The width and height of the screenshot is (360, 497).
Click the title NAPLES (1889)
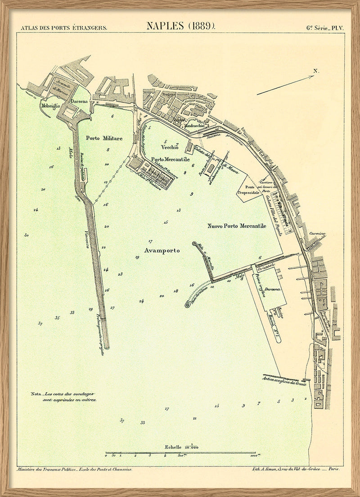(x=180, y=26)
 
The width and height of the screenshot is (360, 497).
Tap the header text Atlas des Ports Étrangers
(x=64, y=27)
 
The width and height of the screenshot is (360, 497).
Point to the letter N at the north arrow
(x=316, y=71)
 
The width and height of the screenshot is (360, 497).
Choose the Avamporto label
(x=162, y=250)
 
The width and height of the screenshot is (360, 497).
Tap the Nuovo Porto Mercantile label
(x=237, y=226)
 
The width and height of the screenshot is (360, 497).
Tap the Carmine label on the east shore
(x=317, y=234)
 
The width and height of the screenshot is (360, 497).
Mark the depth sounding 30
(x=27, y=235)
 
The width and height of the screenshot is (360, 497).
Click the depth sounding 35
(x=57, y=318)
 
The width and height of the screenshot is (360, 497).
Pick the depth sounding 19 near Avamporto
(x=137, y=257)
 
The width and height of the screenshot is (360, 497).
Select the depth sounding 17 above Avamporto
(x=150, y=241)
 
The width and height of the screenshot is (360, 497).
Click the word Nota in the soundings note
(x=36, y=394)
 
